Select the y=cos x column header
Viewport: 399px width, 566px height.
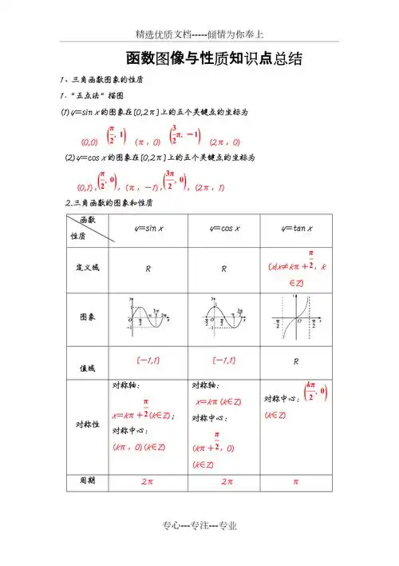click(225, 229)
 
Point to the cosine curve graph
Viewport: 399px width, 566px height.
click(225, 316)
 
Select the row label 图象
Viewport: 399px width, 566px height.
click(88, 317)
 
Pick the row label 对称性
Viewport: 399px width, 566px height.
click(87, 424)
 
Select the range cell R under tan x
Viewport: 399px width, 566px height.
click(295, 361)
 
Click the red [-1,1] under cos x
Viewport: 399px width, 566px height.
click(224, 361)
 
